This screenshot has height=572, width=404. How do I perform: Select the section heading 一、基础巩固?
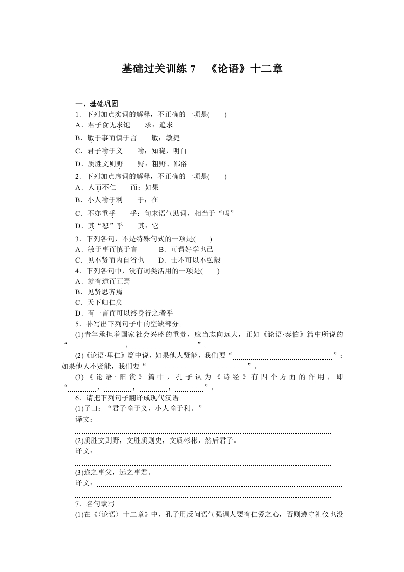[x=97, y=103]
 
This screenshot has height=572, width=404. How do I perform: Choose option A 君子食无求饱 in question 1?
[x=102, y=125]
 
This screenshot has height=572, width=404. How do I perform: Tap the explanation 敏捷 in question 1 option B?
[x=172, y=138]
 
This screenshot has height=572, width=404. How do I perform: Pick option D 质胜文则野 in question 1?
[x=99, y=164]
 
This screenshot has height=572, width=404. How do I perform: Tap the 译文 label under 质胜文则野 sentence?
[x=84, y=451]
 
